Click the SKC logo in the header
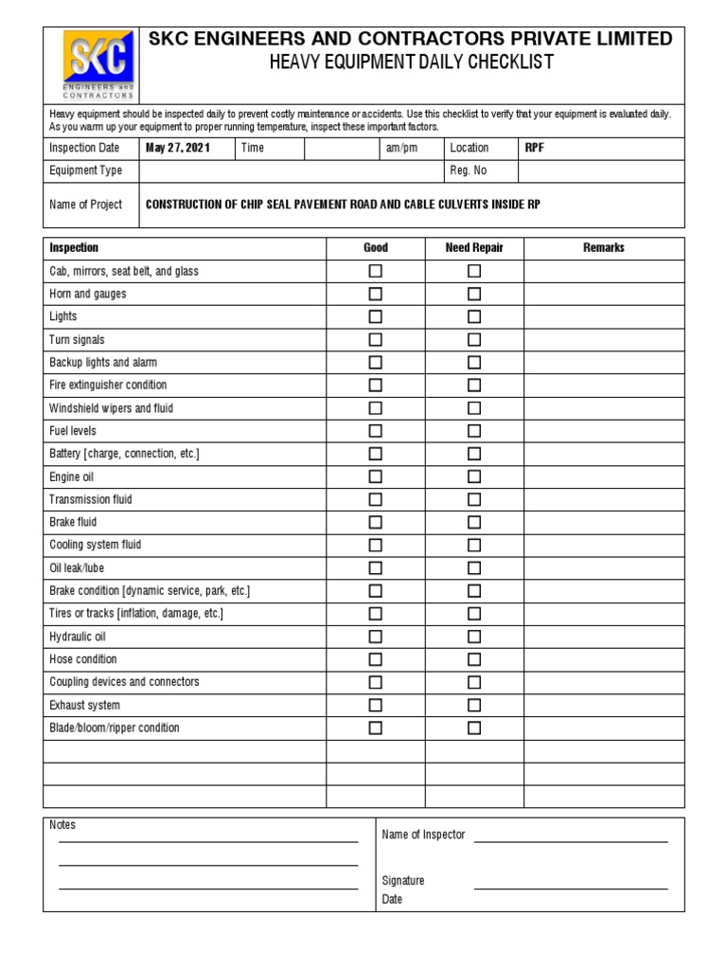point(98,64)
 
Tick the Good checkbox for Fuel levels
point(376,431)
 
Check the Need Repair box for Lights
point(474,316)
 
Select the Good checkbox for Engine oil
point(376,476)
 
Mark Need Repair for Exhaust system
point(474,705)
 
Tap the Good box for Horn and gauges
point(376,294)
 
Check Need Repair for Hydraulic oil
point(474,637)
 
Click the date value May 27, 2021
point(177,148)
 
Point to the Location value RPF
point(535,148)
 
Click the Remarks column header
point(604,247)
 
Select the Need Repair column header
point(474,247)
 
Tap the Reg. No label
point(468,171)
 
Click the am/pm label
point(400,148)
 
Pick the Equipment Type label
point(85,171)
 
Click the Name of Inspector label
point(423,835)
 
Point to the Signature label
point(403,880)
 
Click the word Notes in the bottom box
point(62,825)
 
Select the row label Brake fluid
point(73,522)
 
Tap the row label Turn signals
point(77,339)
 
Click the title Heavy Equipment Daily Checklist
point(411,63)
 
